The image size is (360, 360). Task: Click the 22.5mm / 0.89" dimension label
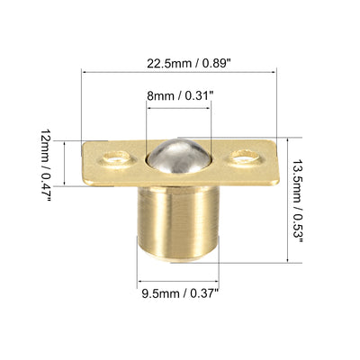(189, 64)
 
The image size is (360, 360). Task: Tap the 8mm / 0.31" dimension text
(180, 96)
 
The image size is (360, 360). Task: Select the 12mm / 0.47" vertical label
(45, 166)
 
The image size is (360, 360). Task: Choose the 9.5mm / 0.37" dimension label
(180, 293)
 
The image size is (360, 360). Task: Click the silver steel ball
(179, 156)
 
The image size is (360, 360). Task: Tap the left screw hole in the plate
(116, 157)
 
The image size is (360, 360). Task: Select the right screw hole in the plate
(246, 156)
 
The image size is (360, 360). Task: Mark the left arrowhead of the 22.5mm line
(85, 72)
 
